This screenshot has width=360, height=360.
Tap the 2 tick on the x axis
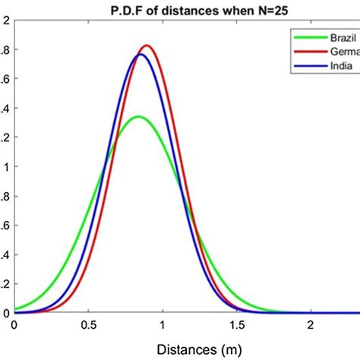[311, 325]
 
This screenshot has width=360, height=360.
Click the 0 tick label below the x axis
[14, 325]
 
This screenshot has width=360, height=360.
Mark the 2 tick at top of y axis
[6, 21]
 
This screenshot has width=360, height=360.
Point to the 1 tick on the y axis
[6, 167]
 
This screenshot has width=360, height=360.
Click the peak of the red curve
[147, 46]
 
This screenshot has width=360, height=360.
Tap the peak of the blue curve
[141, 54]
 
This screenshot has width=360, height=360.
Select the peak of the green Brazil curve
[138, 116]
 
